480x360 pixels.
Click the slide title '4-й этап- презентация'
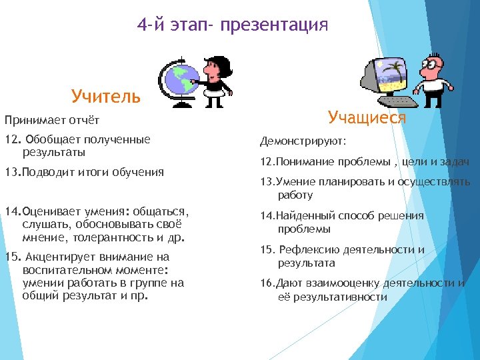tap(233, 25)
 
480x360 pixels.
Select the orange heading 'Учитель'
tap(106, 97)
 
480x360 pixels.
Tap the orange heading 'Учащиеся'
tap(367, 118)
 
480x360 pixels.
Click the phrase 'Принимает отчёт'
tap(52, 121)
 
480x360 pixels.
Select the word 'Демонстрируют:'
tap(303, 142)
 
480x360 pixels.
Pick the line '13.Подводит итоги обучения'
tap(83, 172)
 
